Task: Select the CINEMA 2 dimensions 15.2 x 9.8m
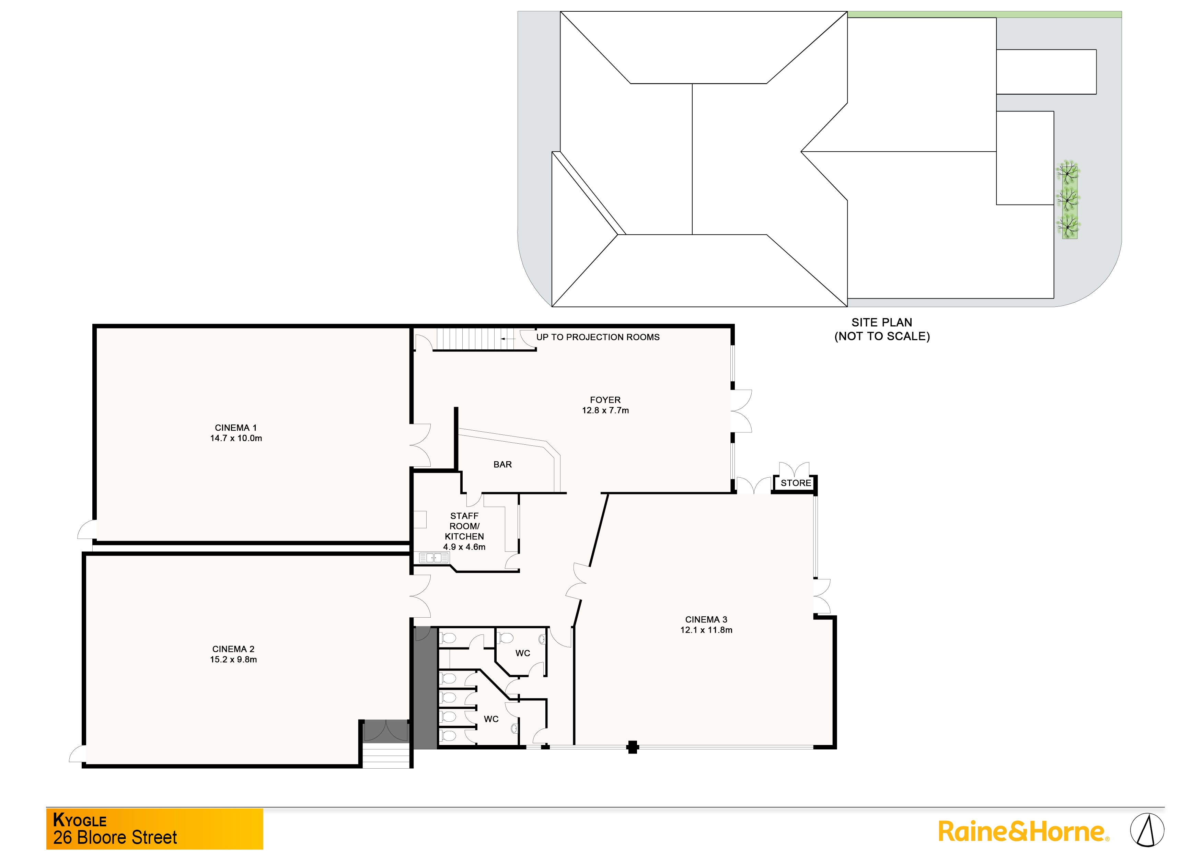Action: pyautogui.click(x=233, y=660)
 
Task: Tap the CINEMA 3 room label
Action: pyautogui.click(x=706, y=620)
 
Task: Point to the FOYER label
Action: pyautogui.click(x=605, y=400)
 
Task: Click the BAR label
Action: pyautogui.click(x=502, y=465)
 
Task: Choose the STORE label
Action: pyautogui.click(x=796, y=483)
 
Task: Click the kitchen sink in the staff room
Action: pyautogui.click(x=434, y=558)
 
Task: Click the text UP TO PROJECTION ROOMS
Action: pyautogui.click(x=598, y=337)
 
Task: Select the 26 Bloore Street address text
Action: pyautogui.click(x=115, y=837)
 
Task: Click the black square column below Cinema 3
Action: pyautogui.click(x=633, y=747)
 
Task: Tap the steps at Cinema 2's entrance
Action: pyautogui.click(x=386, y=756)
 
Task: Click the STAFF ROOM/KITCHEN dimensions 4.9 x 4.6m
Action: pyautogui.click(x=464, y=547)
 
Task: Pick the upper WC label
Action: pyautogui.click(x=522, y=653)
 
